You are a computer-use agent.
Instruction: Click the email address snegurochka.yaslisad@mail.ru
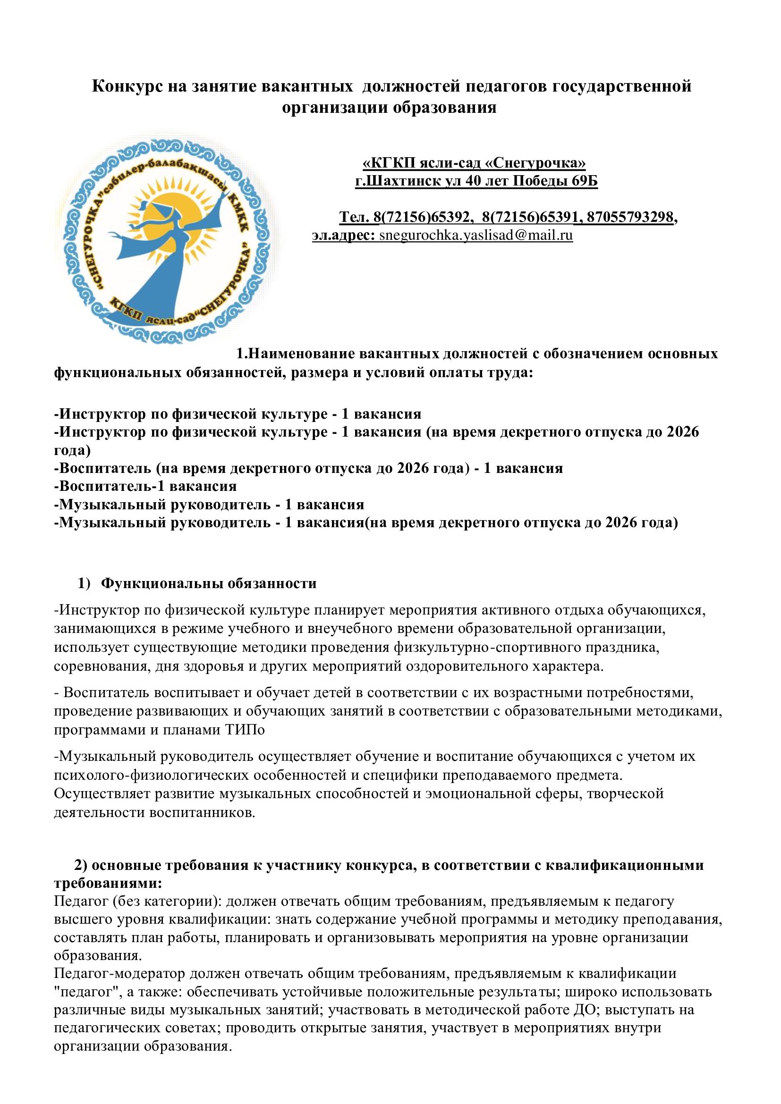475,236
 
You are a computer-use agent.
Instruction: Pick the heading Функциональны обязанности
210,583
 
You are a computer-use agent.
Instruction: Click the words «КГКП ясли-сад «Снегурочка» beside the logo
474,163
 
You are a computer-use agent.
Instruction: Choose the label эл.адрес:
343,236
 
